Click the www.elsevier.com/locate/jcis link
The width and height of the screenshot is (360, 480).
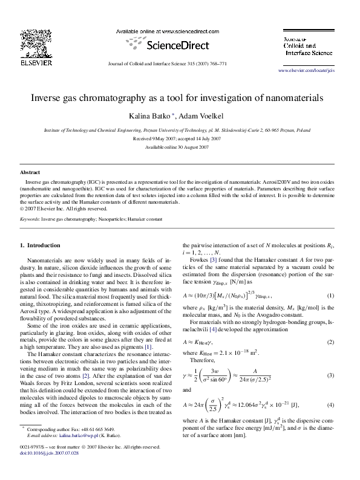coord(314,71)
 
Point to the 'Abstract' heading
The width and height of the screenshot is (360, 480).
coord(30,172)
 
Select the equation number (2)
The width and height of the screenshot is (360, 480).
coord(330,342)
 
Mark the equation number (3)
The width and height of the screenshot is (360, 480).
coord(330,375)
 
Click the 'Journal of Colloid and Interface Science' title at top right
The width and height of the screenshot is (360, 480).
coord(308,45)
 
